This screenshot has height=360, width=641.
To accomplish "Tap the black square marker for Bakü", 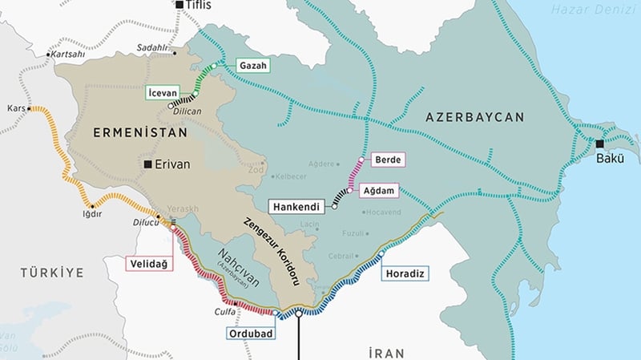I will tap(599, 144).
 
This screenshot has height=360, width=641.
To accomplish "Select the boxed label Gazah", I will tap(252, 64).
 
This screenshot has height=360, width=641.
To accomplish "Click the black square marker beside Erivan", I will tap(148, 164).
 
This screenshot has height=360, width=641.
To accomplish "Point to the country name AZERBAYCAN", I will tap(474, 117).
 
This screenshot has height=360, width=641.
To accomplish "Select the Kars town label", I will tap(16, 107).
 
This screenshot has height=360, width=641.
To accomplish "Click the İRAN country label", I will tap(387, 352).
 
